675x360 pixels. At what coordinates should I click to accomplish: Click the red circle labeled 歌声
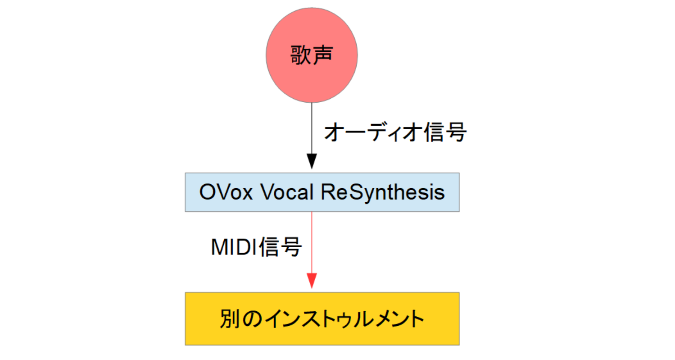point(311,55)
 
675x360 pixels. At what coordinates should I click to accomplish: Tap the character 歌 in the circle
point(300,55)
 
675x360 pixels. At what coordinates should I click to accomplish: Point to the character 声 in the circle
point(322,55)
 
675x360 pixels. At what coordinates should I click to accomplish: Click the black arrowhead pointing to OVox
point(311,161)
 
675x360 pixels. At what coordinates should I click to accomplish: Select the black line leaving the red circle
point(311,128)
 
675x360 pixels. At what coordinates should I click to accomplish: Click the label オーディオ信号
point(395,132)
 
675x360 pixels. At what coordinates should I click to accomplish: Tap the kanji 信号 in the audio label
point(445,132)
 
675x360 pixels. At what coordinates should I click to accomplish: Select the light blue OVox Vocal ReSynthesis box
point(322,192)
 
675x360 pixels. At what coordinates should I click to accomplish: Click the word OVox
point(226,192)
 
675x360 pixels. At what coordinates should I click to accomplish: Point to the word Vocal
point(287,192)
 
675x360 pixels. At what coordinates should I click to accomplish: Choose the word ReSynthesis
point(383,193)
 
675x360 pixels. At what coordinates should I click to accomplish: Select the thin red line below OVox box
point(311,242)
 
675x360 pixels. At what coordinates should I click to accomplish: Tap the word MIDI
point(234,247)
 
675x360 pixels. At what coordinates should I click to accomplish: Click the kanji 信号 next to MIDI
point(280,247)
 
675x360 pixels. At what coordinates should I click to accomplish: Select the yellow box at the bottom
point(322,319)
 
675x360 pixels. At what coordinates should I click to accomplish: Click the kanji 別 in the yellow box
point(230,319)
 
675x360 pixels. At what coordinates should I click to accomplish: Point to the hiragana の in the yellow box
point(252,319)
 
